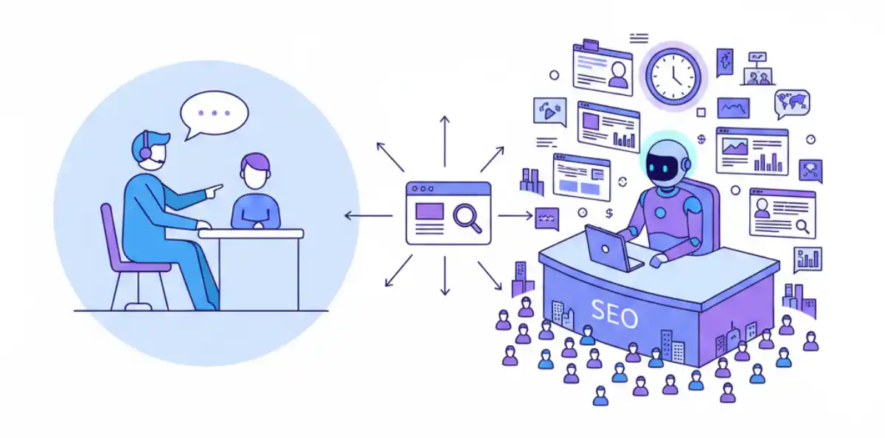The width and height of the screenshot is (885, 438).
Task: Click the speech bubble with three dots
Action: (214, 114)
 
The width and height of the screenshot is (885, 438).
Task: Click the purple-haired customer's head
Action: (255, 171)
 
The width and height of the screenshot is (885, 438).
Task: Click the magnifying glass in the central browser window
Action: (468, 218)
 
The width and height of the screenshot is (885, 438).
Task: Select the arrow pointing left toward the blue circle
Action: (369, 215)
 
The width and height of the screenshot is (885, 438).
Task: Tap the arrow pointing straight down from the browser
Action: (445, 276)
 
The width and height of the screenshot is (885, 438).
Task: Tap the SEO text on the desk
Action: (614, 313)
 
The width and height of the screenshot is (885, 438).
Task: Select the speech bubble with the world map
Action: (792, 103)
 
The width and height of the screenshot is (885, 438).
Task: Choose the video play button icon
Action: (549, 112)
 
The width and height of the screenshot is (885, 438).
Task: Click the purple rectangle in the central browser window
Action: (429, 211)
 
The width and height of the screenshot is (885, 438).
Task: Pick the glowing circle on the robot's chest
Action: (660, 213)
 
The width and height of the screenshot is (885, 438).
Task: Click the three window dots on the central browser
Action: (423, 189)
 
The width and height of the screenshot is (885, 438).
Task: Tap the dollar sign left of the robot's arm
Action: (609, 214)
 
